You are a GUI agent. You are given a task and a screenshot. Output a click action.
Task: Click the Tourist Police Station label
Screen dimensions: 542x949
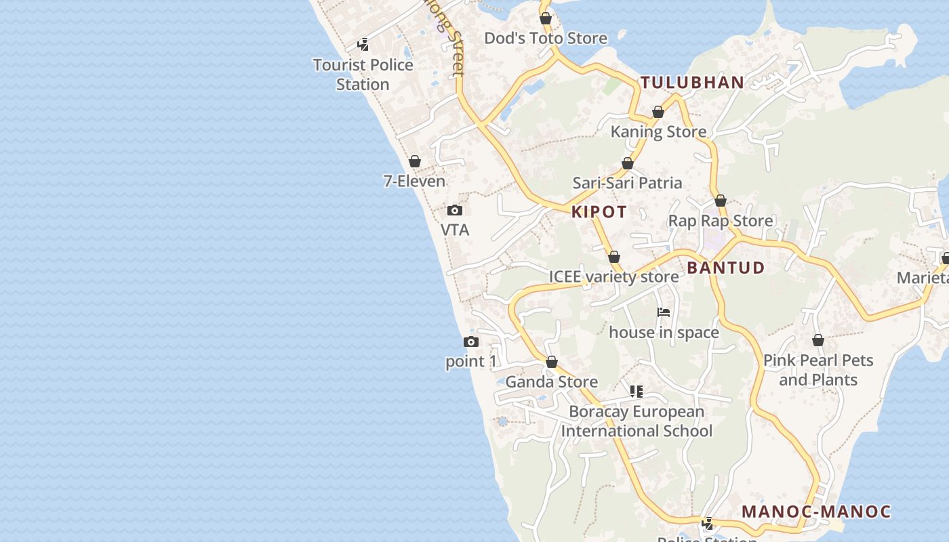(363, 75)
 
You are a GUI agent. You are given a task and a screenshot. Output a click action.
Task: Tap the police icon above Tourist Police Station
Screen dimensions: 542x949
(363, 45)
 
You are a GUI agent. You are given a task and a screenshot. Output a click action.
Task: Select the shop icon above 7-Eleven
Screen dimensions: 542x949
(415, 161)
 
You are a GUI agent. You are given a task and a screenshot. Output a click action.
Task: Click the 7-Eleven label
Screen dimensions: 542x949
(414, 181)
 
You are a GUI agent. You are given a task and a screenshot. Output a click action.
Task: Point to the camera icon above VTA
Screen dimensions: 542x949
(455, 210)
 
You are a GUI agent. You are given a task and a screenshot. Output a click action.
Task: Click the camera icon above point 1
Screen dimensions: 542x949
(471, 341)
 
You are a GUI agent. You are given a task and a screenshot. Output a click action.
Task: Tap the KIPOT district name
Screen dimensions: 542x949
(599, 212)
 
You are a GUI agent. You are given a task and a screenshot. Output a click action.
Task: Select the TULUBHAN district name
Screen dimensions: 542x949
(692, 83)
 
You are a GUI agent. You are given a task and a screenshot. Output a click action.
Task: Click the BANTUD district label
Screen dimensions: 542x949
(725, 268)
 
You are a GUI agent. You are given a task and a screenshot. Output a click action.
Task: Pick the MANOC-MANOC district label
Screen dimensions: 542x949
(816, 512)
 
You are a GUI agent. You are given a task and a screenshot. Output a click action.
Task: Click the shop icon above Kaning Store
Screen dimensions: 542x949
(658, 112)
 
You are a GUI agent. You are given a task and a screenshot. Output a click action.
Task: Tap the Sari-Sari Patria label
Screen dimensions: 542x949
(627, 182)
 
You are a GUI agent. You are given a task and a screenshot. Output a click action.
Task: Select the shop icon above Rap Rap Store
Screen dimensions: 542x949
(721, 201)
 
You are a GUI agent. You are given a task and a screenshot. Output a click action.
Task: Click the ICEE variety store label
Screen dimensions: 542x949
(613, 276)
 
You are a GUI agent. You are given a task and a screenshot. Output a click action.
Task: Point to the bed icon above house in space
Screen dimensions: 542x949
(664, 312)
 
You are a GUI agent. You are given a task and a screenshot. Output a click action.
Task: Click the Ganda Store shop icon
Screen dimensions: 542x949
(552, 362)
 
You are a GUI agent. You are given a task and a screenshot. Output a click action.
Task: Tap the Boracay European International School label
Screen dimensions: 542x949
(637, 421)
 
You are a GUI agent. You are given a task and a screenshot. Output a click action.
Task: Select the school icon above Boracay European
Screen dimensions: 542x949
(636, 391)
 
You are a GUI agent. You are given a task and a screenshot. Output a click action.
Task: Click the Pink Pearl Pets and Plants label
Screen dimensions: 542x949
(818, 370)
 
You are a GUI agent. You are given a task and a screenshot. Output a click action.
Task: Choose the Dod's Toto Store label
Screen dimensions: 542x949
(546, 38)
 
